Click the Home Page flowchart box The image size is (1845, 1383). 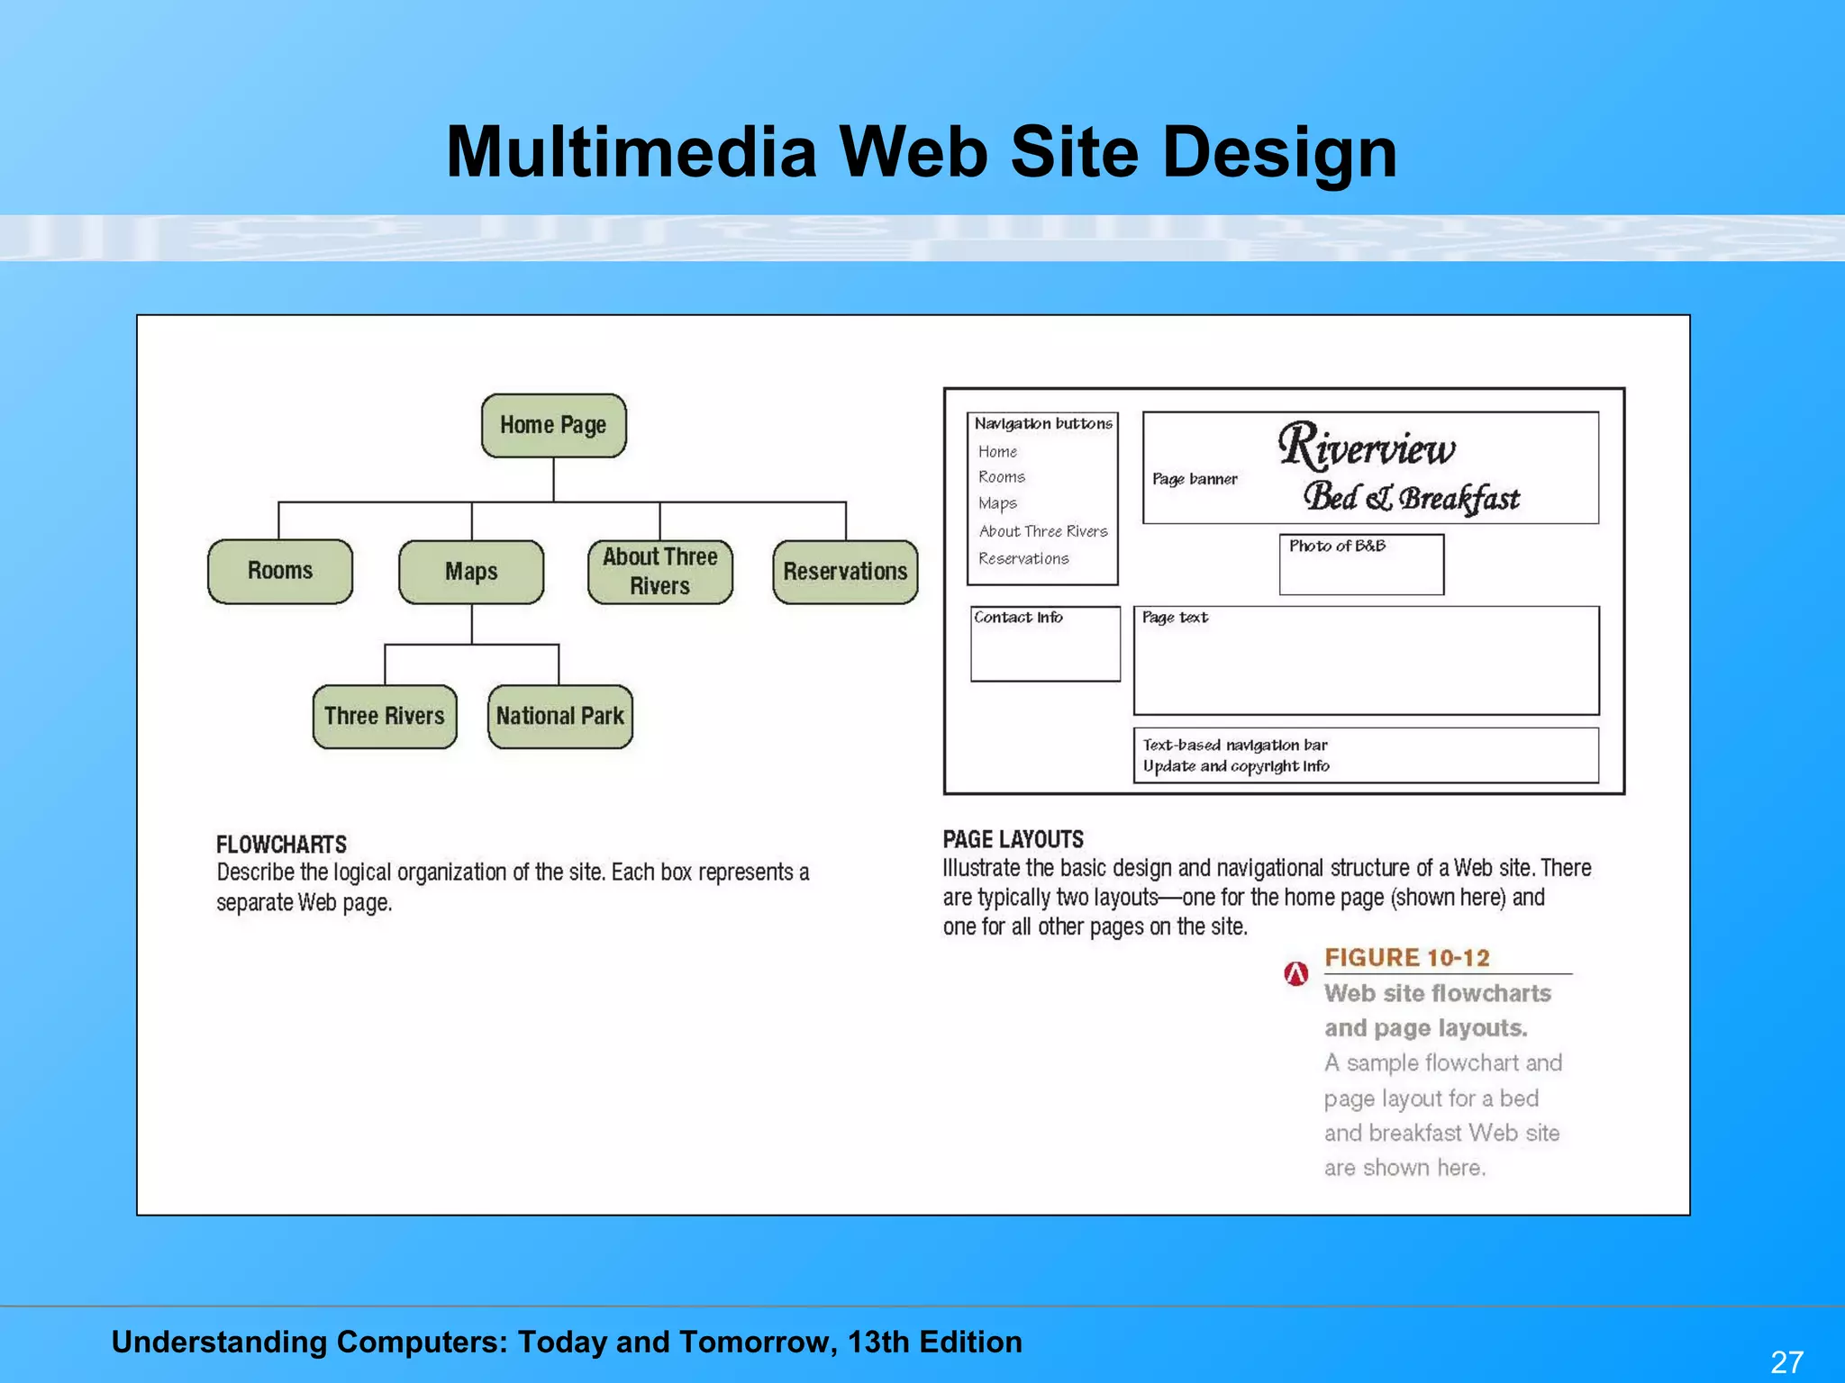[x=553, y=425]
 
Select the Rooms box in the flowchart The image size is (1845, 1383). [x=280, y=571]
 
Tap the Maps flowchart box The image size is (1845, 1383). [x=471, y=572]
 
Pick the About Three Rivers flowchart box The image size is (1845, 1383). [x=659, y=572]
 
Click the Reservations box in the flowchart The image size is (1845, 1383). [x=845, y=572]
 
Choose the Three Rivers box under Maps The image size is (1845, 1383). [x=385, y=716]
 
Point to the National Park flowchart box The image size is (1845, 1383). [x=559, y=716]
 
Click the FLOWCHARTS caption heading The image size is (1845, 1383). [x=281, y=845]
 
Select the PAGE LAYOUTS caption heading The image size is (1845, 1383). [x=1013, y=839]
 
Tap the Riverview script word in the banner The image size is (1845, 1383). [x=1367, y=447]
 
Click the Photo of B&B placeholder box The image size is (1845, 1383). [x=1361, y=565]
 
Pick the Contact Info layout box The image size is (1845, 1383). [x=1045, y=643]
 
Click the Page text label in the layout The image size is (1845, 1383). [x=1175, y=618]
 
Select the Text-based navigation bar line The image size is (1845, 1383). [x=1234, y=745]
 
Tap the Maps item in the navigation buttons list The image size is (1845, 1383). [x=997, y=503]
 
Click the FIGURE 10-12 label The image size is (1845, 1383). [x=1406, y=957]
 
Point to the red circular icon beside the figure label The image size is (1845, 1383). [x=1295, y=973]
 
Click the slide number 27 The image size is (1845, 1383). [x=1786, y=1360]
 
